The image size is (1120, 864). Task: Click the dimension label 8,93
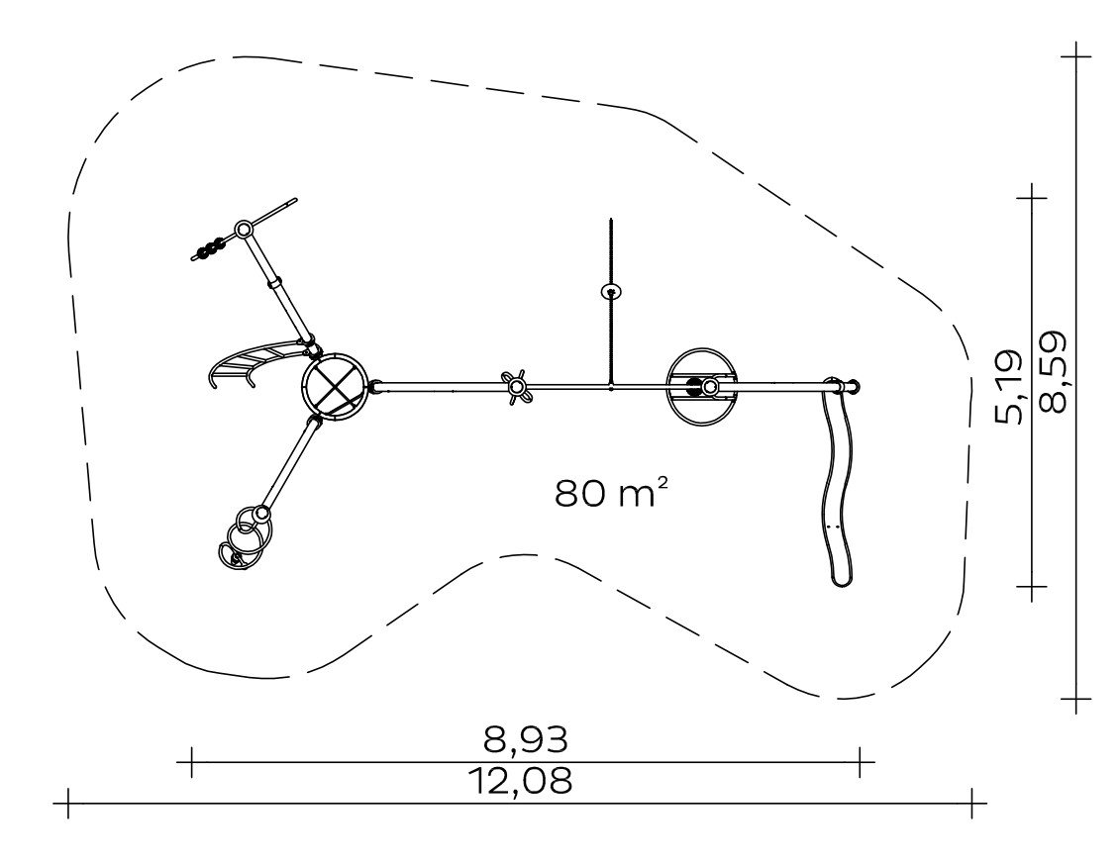(526, 740)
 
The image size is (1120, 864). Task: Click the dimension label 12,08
(520, 781)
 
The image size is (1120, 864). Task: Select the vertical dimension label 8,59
(1054, 371)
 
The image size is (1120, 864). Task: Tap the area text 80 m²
(612, 493)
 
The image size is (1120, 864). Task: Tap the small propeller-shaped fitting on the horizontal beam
(516, 387)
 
